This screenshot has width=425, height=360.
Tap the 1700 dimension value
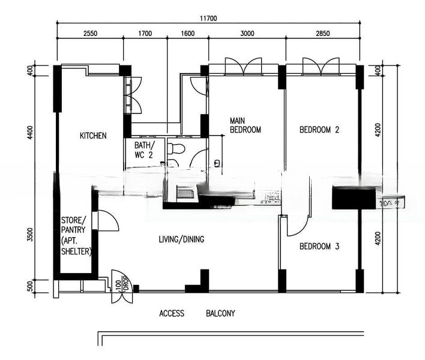click(145, 34)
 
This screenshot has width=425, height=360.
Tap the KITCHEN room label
click(93, 136)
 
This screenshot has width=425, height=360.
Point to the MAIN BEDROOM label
click(246, 125)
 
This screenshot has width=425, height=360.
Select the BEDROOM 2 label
click(320, 130)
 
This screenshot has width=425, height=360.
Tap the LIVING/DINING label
click(181, 239)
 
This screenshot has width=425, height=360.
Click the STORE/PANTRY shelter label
click(75, 235)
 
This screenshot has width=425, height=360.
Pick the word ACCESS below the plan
click(172, 314)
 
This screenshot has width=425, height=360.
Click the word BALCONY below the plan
click(220, 314)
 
